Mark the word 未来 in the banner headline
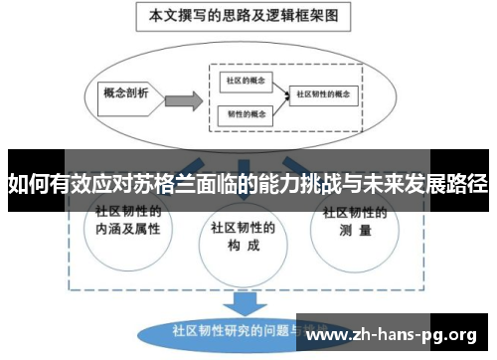[x=385, y=184]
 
